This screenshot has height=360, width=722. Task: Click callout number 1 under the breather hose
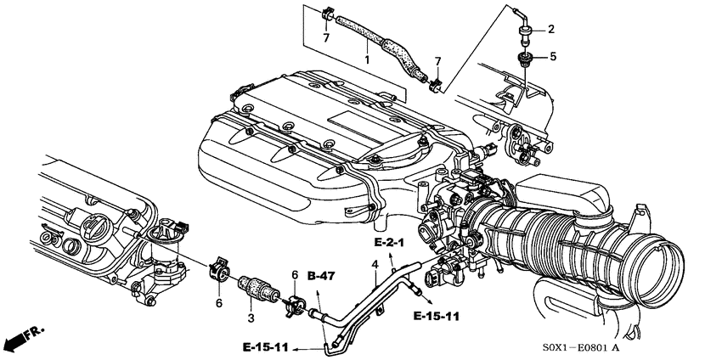(367, 59)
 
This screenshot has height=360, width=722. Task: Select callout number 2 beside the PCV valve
(550, 30)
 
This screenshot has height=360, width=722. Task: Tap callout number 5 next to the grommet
(553, 57)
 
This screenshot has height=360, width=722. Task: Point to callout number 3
(251, 318)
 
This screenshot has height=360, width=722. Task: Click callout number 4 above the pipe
(375, 265)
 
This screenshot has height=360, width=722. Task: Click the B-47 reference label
(321, 276)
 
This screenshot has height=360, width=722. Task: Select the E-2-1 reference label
(389, 243)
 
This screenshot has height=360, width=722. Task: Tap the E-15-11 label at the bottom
(266, 347)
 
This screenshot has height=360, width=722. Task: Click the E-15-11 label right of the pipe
(436, 316)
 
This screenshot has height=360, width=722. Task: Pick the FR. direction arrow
(23, 339)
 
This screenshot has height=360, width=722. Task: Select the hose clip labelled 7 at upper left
(327, 14)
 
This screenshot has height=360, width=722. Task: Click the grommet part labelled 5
(523, 59)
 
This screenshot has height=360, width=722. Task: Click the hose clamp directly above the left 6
(218, 271)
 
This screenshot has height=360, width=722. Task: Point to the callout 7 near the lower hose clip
(437, 62)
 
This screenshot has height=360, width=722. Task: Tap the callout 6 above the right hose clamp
(295, 275)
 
